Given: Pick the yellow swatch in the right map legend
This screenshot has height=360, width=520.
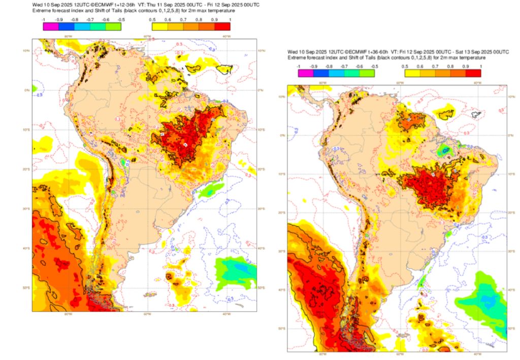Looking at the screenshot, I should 404,73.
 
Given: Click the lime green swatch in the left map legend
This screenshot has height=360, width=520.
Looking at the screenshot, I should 114,26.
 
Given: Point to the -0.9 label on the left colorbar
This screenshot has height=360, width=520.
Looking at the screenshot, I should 59,19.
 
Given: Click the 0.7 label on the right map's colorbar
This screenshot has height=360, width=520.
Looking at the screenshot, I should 435,67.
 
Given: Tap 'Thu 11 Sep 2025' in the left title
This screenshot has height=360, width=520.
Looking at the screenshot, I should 158,5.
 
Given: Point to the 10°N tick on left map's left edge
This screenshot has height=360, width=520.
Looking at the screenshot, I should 26,50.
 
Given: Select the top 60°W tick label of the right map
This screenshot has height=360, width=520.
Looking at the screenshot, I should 400,82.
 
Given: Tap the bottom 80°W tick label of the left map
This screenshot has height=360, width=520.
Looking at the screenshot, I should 68,314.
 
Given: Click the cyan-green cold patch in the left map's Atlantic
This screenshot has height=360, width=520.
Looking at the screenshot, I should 234,267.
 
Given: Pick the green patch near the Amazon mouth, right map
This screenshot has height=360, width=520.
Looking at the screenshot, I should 445,150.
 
